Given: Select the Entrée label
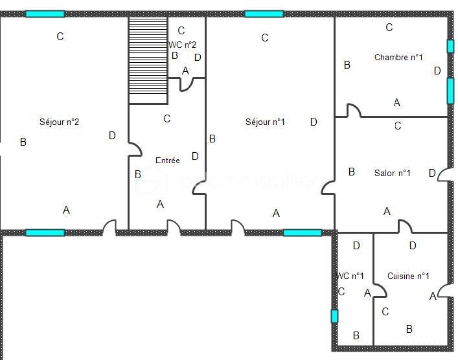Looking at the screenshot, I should point(168,160).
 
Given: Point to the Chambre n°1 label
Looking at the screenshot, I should point(398,58).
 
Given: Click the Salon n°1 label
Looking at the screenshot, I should point(393,173).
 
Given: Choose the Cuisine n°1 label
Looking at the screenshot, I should point(408,276).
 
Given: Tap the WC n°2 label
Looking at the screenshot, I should point(182,45).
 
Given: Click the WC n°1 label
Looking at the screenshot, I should point(350,276).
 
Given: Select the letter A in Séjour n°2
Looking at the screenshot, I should point(66,210).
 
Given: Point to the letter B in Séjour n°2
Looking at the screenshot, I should point(23,142).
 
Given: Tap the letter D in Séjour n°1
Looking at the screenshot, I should point(314,122).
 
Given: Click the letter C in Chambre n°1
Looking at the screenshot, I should point(389,27).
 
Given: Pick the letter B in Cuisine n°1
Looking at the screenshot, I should point(409,329).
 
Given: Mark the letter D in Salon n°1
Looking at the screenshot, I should point(432,173).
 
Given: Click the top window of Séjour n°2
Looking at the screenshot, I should point(45,14).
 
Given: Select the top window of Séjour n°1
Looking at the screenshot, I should point(264,14).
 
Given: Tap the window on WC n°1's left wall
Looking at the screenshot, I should point(334,316).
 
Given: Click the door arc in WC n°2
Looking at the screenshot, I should point(187,84).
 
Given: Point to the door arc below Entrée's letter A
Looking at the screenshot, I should point(174,226).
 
